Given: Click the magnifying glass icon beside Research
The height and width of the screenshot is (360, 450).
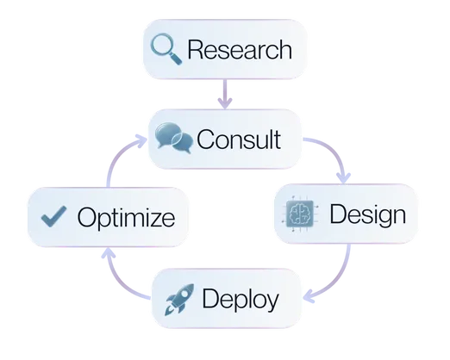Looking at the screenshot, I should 165,49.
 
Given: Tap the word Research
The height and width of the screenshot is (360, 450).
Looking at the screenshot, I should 239,50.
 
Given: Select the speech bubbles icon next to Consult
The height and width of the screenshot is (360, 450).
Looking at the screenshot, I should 175,138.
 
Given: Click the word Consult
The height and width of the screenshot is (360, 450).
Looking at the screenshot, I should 239,138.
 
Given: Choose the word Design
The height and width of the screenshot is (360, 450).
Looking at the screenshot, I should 367,213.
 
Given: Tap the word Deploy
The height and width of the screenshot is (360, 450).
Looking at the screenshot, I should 240,300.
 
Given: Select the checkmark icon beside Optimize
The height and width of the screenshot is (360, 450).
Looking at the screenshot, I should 54,216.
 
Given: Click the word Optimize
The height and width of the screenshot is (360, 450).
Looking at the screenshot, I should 125,217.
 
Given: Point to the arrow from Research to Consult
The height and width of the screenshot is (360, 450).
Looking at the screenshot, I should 226,94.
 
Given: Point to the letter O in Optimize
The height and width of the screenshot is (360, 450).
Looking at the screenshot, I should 85,217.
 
